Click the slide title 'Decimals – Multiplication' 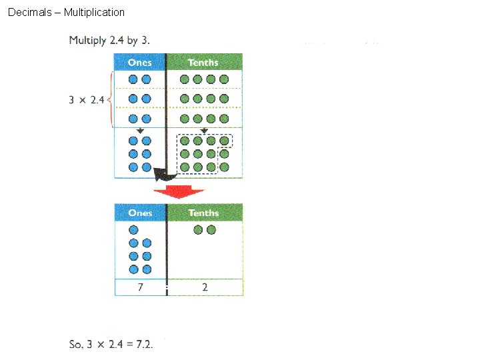click(x=66, y=12)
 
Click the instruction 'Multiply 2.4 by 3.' click(x=109, y=41)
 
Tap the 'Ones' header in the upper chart click(x=140, y=62)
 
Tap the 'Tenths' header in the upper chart click(x=203, y=62)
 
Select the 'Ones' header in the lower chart click(x=140, y=213)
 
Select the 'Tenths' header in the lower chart click(x=203, y=213)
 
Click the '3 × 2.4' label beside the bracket click(x=87, y=100)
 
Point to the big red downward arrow click(x=178, y=192)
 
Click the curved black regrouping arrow click(x=164, y=175)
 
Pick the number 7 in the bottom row click(x=139, y=287)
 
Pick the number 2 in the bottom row click(x=205, y=287)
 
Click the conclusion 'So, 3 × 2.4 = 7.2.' click(x=111, y=344)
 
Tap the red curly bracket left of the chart click(x=110, y=100)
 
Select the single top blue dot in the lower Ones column click(x=133, y=230)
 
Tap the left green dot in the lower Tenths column click(x=198, y=230)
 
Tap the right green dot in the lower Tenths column click(x=211, y=230)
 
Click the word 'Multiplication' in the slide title click(x=94, y=12)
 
